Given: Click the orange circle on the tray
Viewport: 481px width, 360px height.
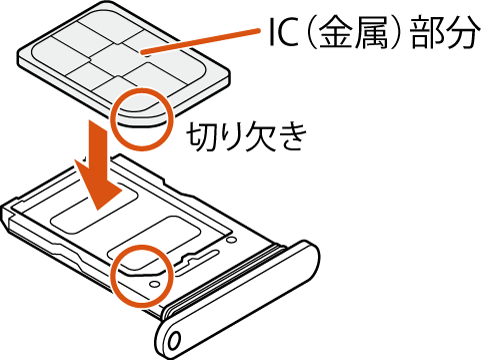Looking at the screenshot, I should click(138, 276).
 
